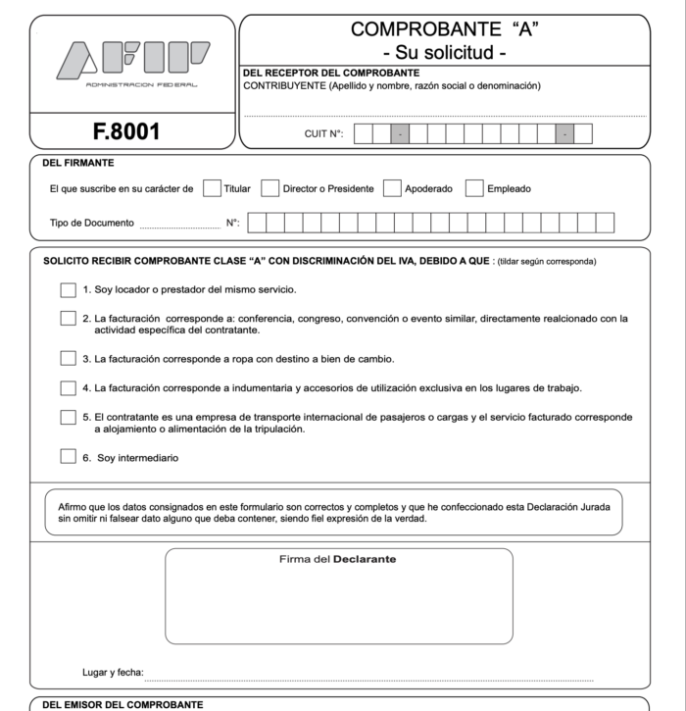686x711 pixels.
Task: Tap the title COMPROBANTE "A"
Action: [445, 30]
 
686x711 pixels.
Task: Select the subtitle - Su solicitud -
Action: [445, 53]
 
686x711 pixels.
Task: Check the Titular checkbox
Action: [211, 188]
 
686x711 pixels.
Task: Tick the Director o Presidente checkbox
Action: [270, 188]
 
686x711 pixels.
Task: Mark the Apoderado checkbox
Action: [392, 188]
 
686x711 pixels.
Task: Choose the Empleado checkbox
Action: [474, 188]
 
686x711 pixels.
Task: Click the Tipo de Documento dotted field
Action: [179, 225]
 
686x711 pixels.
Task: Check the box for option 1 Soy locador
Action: [68, 290]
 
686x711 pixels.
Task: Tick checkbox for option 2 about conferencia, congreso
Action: [68, 318]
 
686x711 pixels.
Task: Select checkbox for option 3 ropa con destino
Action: [68, 358]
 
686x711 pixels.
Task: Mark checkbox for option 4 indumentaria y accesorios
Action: [68, 387]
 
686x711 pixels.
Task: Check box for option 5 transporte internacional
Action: [68, 417]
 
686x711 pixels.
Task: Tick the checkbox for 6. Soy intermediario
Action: [68, 456]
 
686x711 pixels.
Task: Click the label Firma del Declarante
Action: [337, 561]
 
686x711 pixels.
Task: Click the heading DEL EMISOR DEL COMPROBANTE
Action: [124, 705]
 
